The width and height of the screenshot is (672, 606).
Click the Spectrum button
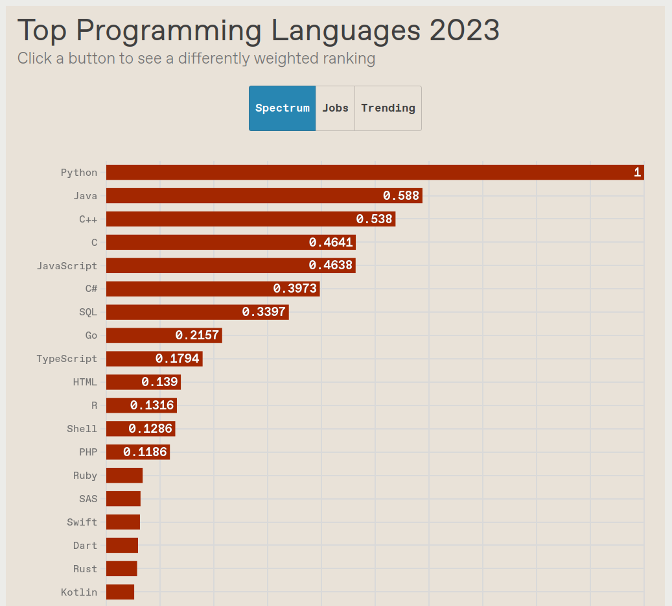[x=282, y=108]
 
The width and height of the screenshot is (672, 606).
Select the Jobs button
[x=335, y=108]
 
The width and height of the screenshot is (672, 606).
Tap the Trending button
[x=388, y=108]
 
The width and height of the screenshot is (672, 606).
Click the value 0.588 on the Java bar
[x=401, y=196]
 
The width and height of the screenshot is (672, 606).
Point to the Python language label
[x=79, y=173]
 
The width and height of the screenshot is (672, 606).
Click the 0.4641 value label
[x=330, y=243]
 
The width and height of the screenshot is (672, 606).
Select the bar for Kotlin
[x=120, y=592]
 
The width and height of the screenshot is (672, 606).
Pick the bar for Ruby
[x=124, y=476]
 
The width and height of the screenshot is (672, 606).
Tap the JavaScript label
[x=67, y=266]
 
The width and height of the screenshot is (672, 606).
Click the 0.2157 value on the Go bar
[x=197, y=335]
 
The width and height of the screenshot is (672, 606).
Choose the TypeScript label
[x=67, y=359]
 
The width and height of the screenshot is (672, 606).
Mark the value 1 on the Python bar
[x=637, y=173]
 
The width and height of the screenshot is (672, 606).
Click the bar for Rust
[x=122, y=569]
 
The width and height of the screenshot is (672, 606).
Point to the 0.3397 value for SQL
[x=264, y=312]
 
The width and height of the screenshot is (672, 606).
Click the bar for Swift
[x=123, y=522]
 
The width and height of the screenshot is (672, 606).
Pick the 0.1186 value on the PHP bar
[x=145, y=452]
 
